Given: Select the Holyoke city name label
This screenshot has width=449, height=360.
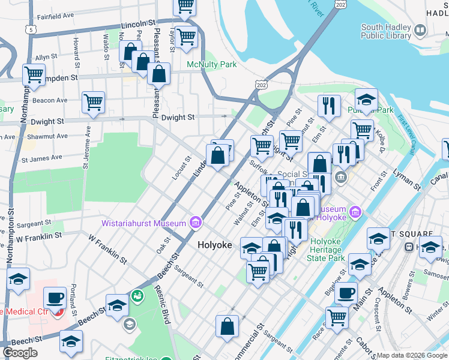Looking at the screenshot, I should click(x=215, y=245).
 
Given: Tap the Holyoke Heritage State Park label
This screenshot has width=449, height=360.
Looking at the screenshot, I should click(x=335, y=249).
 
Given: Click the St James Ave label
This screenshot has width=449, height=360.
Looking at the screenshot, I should click(x=42, y=158).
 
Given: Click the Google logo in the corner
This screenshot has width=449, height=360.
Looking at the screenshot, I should click(x=20, y=353).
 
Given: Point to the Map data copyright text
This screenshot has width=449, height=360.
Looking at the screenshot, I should click(x=412, y=355).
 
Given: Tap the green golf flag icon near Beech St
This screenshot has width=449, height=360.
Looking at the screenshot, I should click(x=137, y=296).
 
